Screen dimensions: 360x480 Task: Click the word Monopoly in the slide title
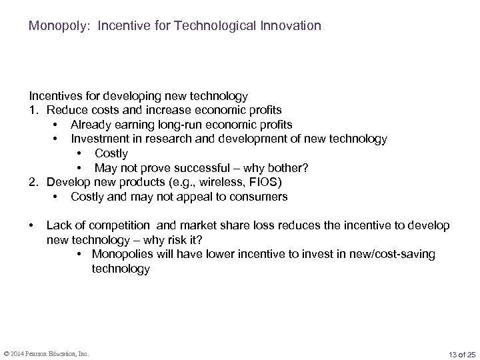click(x=52, y=27)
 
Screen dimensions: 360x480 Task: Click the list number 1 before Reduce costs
click(x=32, y=109)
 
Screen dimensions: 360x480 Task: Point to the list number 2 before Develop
click(x=32, y=182)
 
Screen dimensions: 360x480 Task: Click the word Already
click(x=91, y=124)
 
